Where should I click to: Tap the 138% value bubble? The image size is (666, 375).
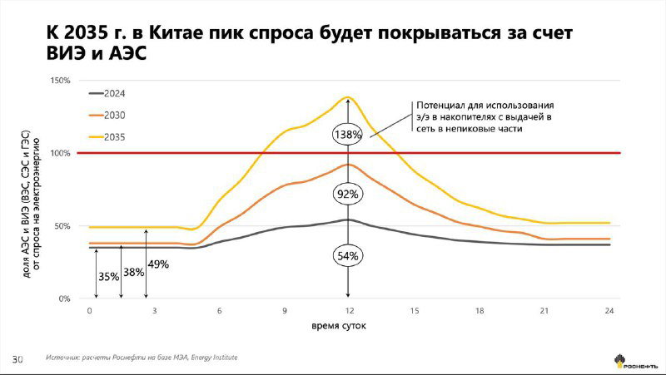348,134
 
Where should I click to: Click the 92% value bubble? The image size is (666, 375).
348,194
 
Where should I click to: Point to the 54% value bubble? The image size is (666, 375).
348,255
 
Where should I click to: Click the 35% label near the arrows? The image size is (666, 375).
108,276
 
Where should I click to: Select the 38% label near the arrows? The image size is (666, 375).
133,271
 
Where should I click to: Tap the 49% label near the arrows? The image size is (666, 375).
158,264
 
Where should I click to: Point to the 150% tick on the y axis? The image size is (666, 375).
62,81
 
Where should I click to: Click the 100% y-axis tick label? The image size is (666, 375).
62,154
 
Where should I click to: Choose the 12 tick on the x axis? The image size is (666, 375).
349,310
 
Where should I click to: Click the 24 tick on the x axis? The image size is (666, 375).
609,310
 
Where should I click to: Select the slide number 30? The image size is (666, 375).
17,358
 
